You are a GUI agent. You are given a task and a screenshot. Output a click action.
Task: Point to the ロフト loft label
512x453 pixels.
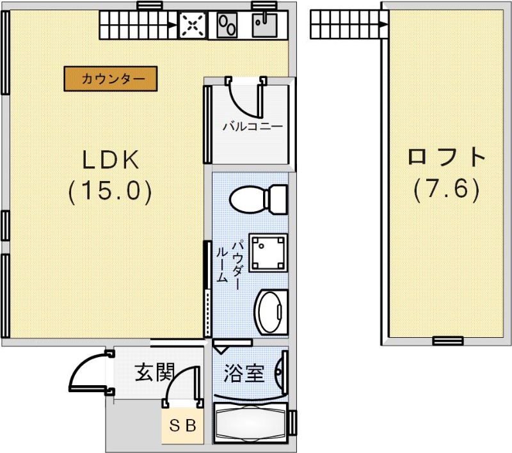[x=447, y=157]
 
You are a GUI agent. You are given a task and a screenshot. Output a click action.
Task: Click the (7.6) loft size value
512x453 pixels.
[x=446, y=189]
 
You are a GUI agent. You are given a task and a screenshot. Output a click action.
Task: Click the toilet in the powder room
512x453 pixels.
[x=259, y=199]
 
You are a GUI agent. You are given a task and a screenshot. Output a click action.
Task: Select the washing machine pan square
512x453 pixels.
[x=268, y=252]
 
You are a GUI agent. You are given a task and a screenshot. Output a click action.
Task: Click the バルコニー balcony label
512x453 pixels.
[x=252, y=126]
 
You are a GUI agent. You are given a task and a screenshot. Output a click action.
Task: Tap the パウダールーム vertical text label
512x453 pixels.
[x=228, y=262]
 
